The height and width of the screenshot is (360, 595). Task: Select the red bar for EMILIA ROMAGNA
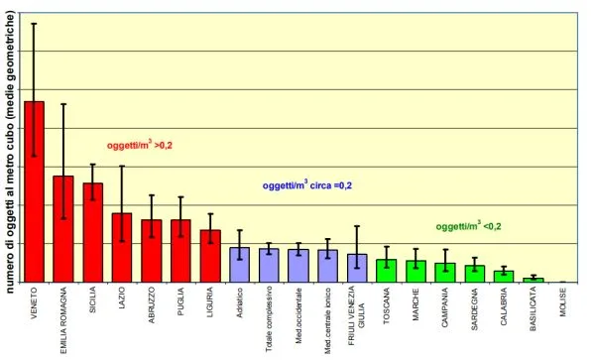(63, 229)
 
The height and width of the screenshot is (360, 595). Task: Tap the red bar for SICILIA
(92, 232)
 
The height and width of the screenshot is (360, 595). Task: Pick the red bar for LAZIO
(122, 248)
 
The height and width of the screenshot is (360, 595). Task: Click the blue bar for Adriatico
(239, 265)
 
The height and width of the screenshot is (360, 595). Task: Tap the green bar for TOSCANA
(387, 271)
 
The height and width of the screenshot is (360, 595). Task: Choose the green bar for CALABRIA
(504, 277)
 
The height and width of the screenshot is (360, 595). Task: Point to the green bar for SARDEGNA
(475, 274)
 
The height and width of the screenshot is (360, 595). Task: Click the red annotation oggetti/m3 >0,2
(140, 145)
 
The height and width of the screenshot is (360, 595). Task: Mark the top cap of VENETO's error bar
(34, 23)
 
